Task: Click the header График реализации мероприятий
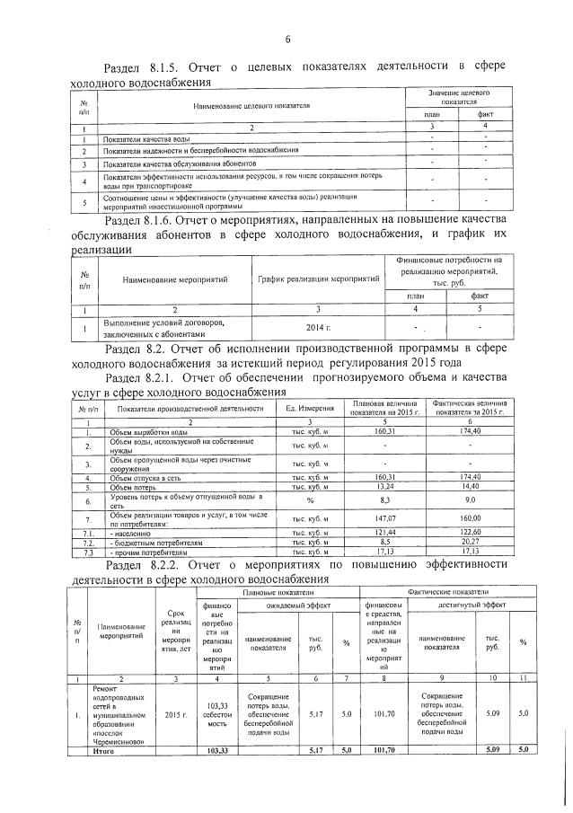coord(319,279)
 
